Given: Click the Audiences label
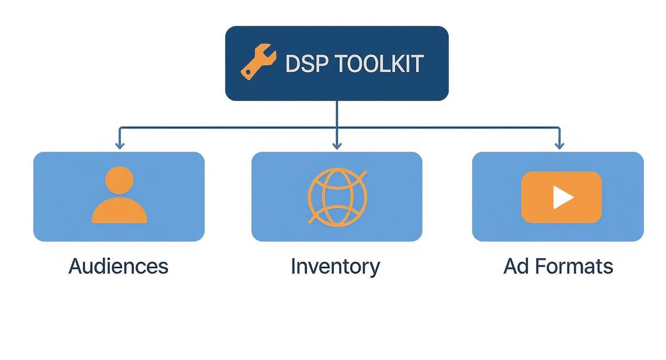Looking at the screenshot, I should (118, 266).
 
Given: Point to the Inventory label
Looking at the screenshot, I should (335, 266).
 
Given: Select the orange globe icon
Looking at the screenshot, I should (337, 197).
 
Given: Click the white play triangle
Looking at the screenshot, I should (562, 197).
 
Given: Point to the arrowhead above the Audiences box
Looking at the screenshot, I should (120, 145).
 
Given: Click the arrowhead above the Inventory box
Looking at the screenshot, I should (337, 145).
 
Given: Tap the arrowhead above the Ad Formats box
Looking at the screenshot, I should (559, 145).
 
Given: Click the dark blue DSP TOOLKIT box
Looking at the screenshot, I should (337, 89).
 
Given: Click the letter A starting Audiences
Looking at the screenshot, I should (76, 266).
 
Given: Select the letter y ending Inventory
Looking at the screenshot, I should (374, 268).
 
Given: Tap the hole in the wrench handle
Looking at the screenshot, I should (248, 72).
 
